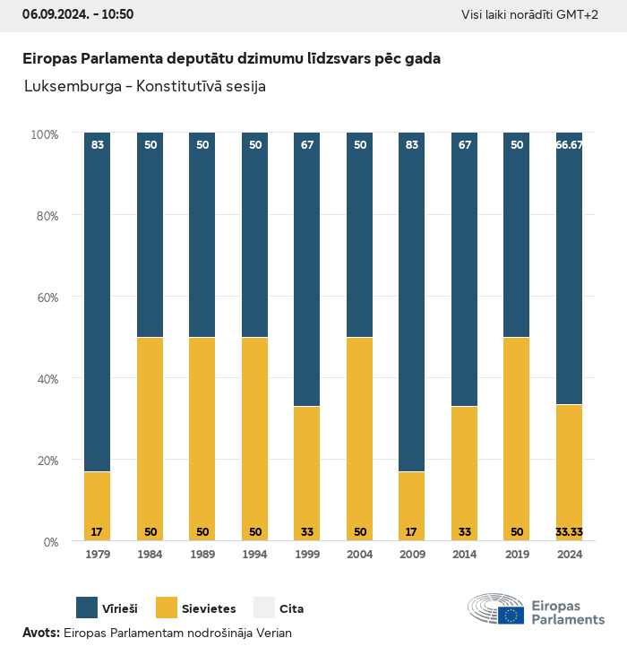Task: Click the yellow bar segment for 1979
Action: click(98, 506)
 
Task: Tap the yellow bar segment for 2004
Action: click(360, 439)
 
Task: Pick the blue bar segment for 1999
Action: click(307, 269)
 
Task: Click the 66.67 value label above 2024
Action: click(570, 144)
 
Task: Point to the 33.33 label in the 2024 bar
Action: click(570, 531)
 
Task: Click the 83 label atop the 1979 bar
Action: click(98, 144)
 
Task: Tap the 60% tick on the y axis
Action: click(45, 297)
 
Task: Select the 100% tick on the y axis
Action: click(44, 134)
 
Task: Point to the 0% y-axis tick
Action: click(49, 541)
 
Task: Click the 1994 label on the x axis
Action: click(255, 555)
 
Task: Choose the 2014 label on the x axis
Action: click(465, 555)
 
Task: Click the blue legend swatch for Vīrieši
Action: click(87, 608)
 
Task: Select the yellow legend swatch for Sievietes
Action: click(167, 608)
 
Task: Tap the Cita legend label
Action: click(291, 608)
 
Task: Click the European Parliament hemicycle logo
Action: click(496, 609)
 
